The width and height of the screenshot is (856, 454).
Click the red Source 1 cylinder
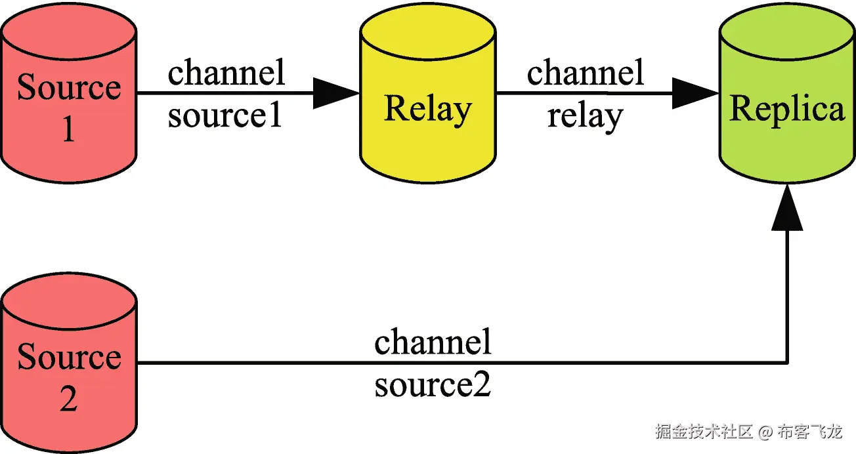[x=68, y=98]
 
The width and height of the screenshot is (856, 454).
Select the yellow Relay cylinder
[x=427, y=98]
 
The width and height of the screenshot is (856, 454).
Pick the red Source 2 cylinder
[x=70, y=367]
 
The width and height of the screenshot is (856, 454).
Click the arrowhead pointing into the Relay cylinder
[x=335, y=93]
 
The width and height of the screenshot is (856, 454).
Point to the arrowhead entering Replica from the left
[x=695, y=93]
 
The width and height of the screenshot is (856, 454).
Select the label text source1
[x=225, y=116]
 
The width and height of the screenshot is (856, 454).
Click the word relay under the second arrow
[x=585, y=117]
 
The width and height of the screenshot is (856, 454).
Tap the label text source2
[x=433, y=386]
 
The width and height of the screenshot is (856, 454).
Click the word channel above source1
[x=226, y=72]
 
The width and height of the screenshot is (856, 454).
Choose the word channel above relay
[x=585, y=72]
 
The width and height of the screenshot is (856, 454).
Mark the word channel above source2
[x=433, y=342]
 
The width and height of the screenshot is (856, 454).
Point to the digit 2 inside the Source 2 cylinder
[x=68, y=399]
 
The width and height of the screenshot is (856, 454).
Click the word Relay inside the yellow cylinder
[x=427, y=109]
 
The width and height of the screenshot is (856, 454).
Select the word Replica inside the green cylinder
[x=786, y=109]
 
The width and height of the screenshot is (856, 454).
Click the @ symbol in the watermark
[x=765, y=432]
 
